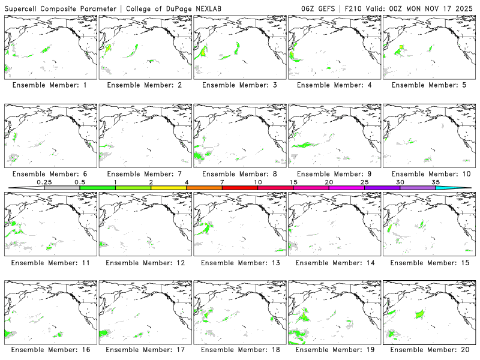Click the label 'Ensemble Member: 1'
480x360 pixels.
point(50,85)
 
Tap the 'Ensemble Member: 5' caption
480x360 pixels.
point(428,85)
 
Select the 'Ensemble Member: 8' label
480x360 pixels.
point(239,174)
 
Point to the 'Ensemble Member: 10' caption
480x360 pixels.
point(428,174)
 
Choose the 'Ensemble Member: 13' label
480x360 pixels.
point(239,263)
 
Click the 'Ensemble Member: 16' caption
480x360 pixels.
point(50,349)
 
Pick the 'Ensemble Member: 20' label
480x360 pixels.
point(428,349)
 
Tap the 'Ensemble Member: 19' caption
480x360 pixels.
point(334,349)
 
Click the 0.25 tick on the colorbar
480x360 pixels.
point(44,182)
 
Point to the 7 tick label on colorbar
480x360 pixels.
point(222,182)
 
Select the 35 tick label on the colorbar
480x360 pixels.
point(436,182)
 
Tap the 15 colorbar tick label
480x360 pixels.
point(293,182)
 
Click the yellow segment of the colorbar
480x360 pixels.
point(169,188)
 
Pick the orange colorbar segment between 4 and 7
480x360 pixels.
point(204,188)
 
